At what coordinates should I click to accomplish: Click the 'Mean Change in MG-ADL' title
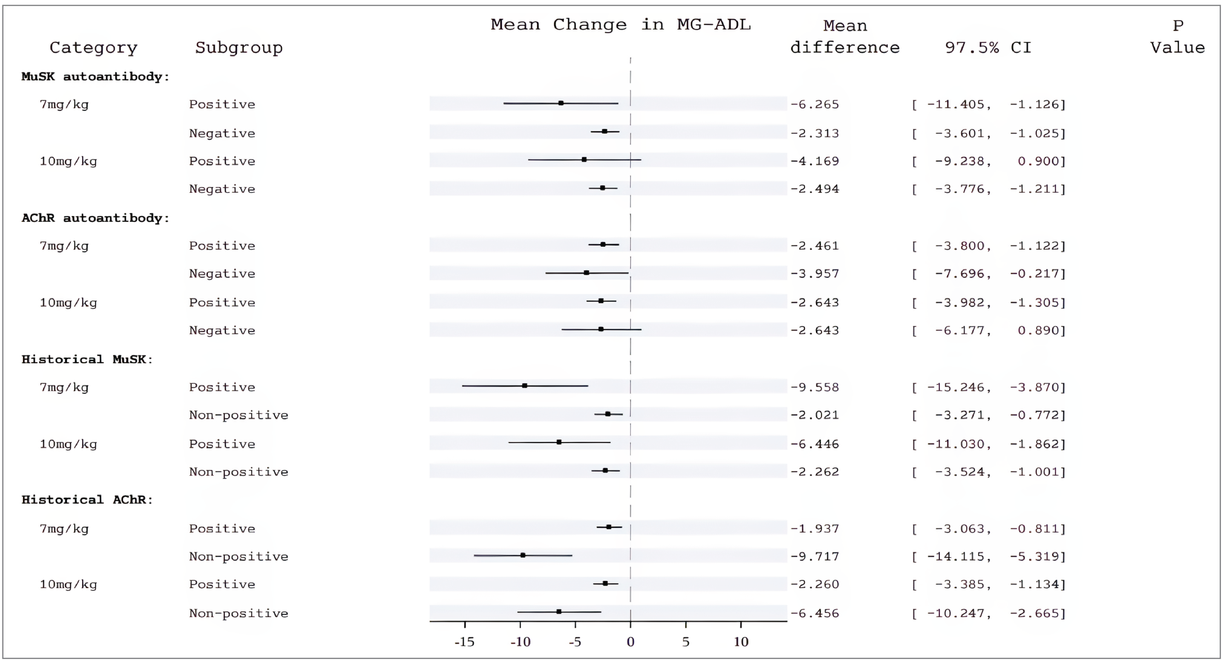620,25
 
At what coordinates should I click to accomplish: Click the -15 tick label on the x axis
464,642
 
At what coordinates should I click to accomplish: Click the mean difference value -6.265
815,104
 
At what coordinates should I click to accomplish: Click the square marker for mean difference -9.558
525,386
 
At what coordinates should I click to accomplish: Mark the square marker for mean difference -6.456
559,612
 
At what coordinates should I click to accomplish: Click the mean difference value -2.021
815,415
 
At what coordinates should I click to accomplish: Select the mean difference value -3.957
815,274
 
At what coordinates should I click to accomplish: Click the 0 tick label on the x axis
630,642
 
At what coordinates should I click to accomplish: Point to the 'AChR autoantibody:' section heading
95,218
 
